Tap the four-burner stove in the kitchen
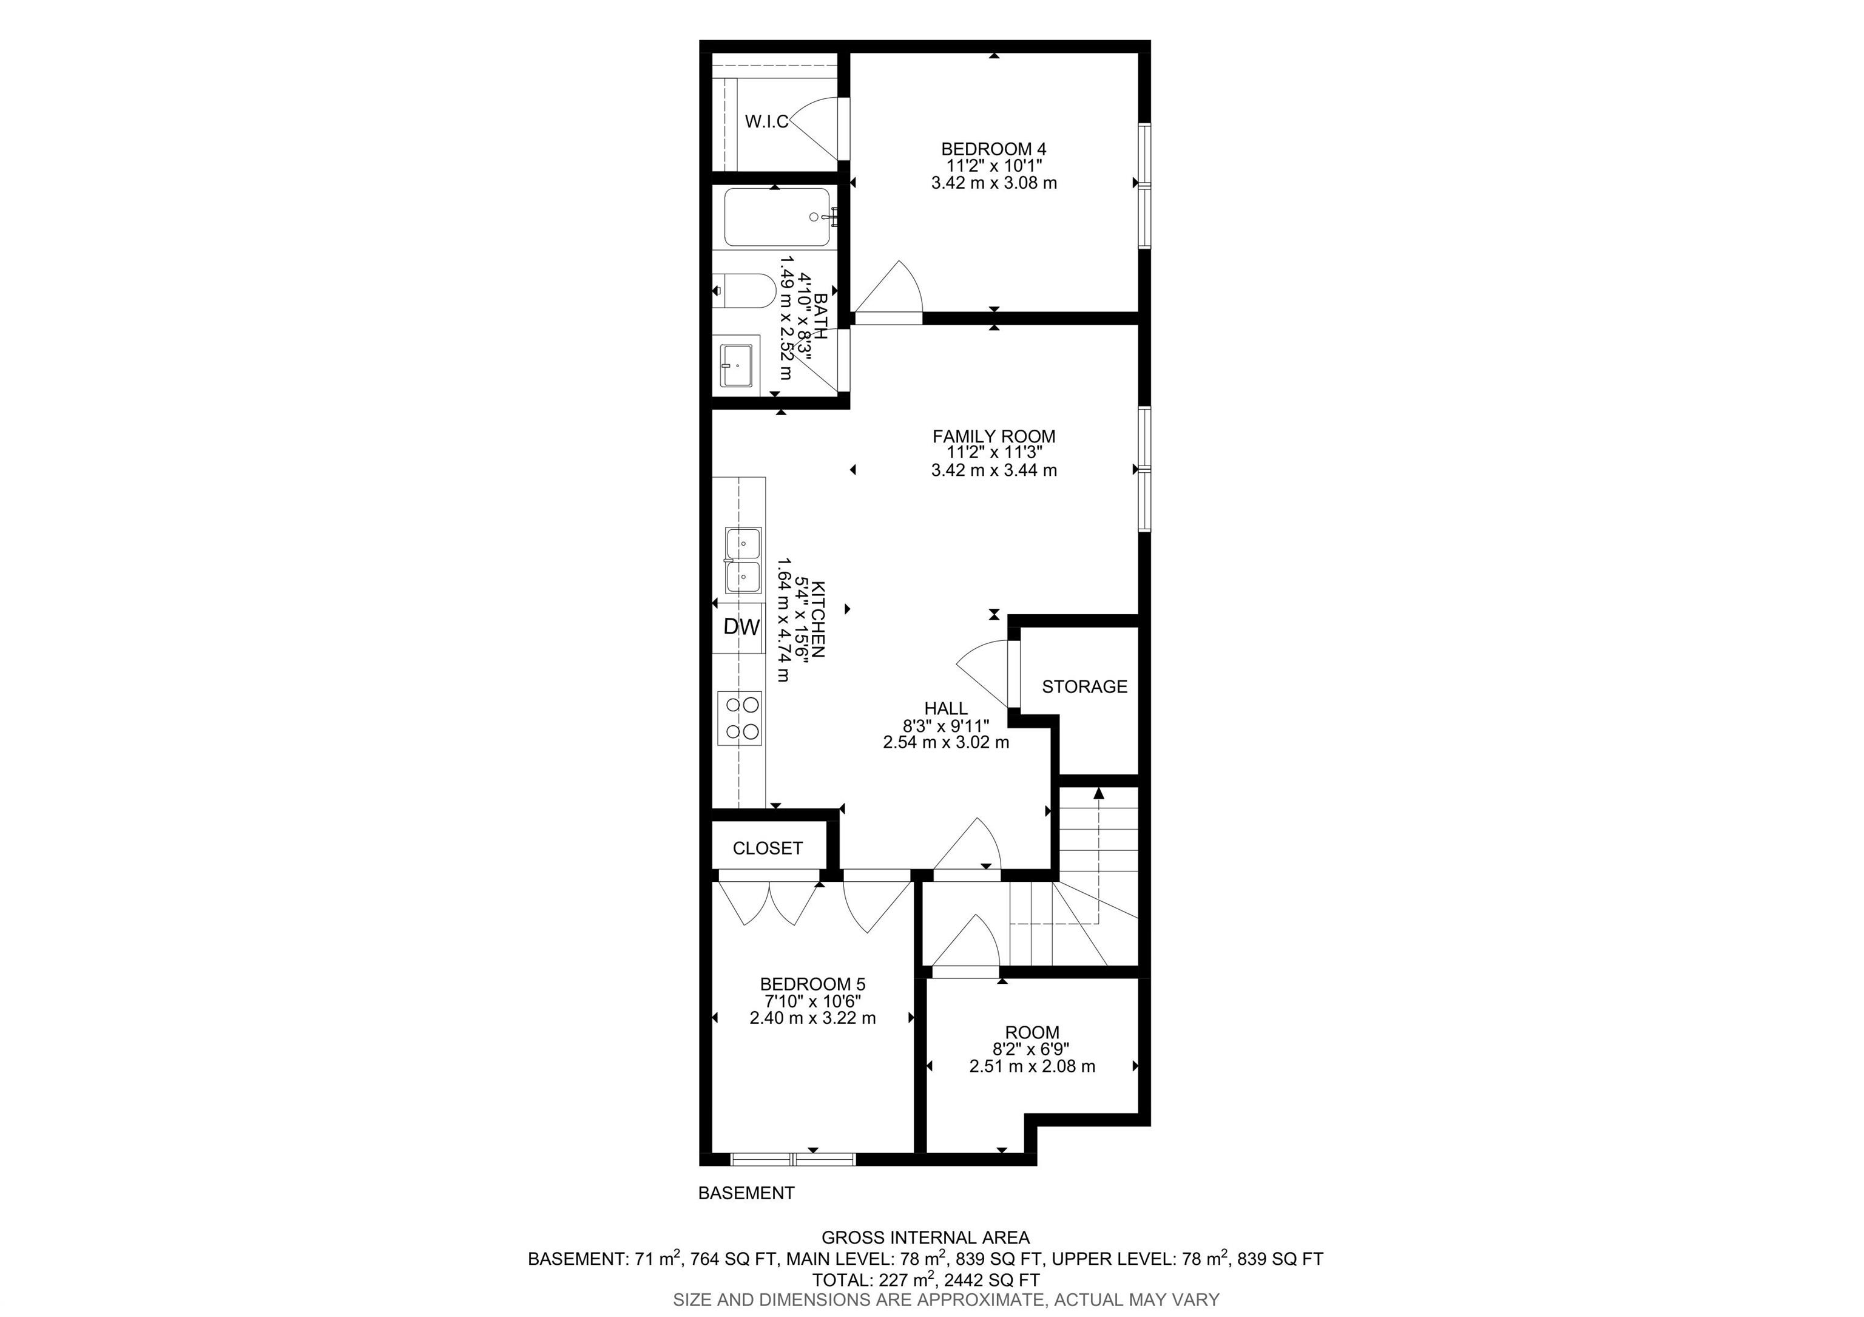[740, 719]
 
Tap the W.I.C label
[766, 122]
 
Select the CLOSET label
[767, 848]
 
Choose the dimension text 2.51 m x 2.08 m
[1032, 1067]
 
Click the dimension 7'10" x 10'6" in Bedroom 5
[812, 1002]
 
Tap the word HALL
[946, 709]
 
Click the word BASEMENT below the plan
[746, 1193]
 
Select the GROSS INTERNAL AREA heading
[925, 1238]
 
